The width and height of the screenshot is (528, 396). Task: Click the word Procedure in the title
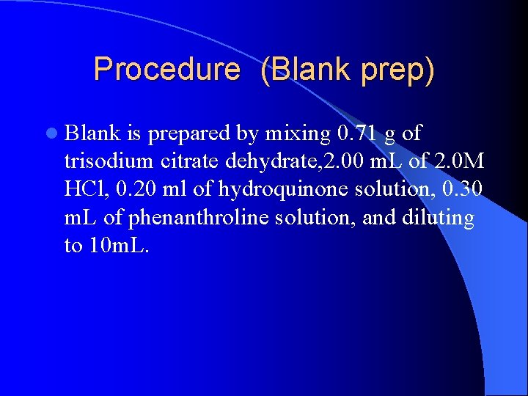166,70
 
